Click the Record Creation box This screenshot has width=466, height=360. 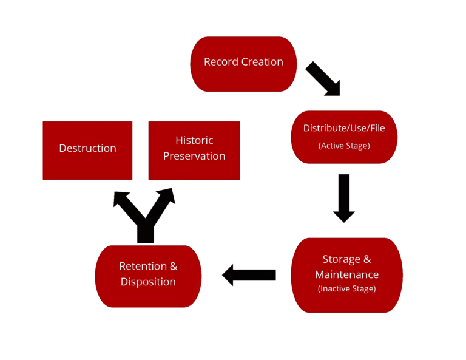coord(243,64)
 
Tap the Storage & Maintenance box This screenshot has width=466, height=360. coord(346,274)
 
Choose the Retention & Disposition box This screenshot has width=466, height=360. coord(148,274)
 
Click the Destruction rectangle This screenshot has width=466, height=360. coord(87,150)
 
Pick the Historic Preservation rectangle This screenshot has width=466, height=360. coord(194,150)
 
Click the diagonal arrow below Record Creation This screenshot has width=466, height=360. coord(323,79)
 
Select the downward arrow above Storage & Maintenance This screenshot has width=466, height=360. coord(344,197)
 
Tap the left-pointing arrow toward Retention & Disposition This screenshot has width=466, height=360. coord(249,275)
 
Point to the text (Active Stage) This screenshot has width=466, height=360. coord(344,146)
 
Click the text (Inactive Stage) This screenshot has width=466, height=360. coord(346,288)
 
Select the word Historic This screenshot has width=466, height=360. coord(194,140)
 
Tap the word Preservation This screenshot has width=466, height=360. coord(194,156)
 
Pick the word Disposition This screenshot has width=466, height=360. coord(148,282)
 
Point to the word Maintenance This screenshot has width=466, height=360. coord(346,274)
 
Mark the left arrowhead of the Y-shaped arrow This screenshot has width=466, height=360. coord(122,199)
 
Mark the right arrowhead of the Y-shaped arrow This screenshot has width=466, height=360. coord(167,196)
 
